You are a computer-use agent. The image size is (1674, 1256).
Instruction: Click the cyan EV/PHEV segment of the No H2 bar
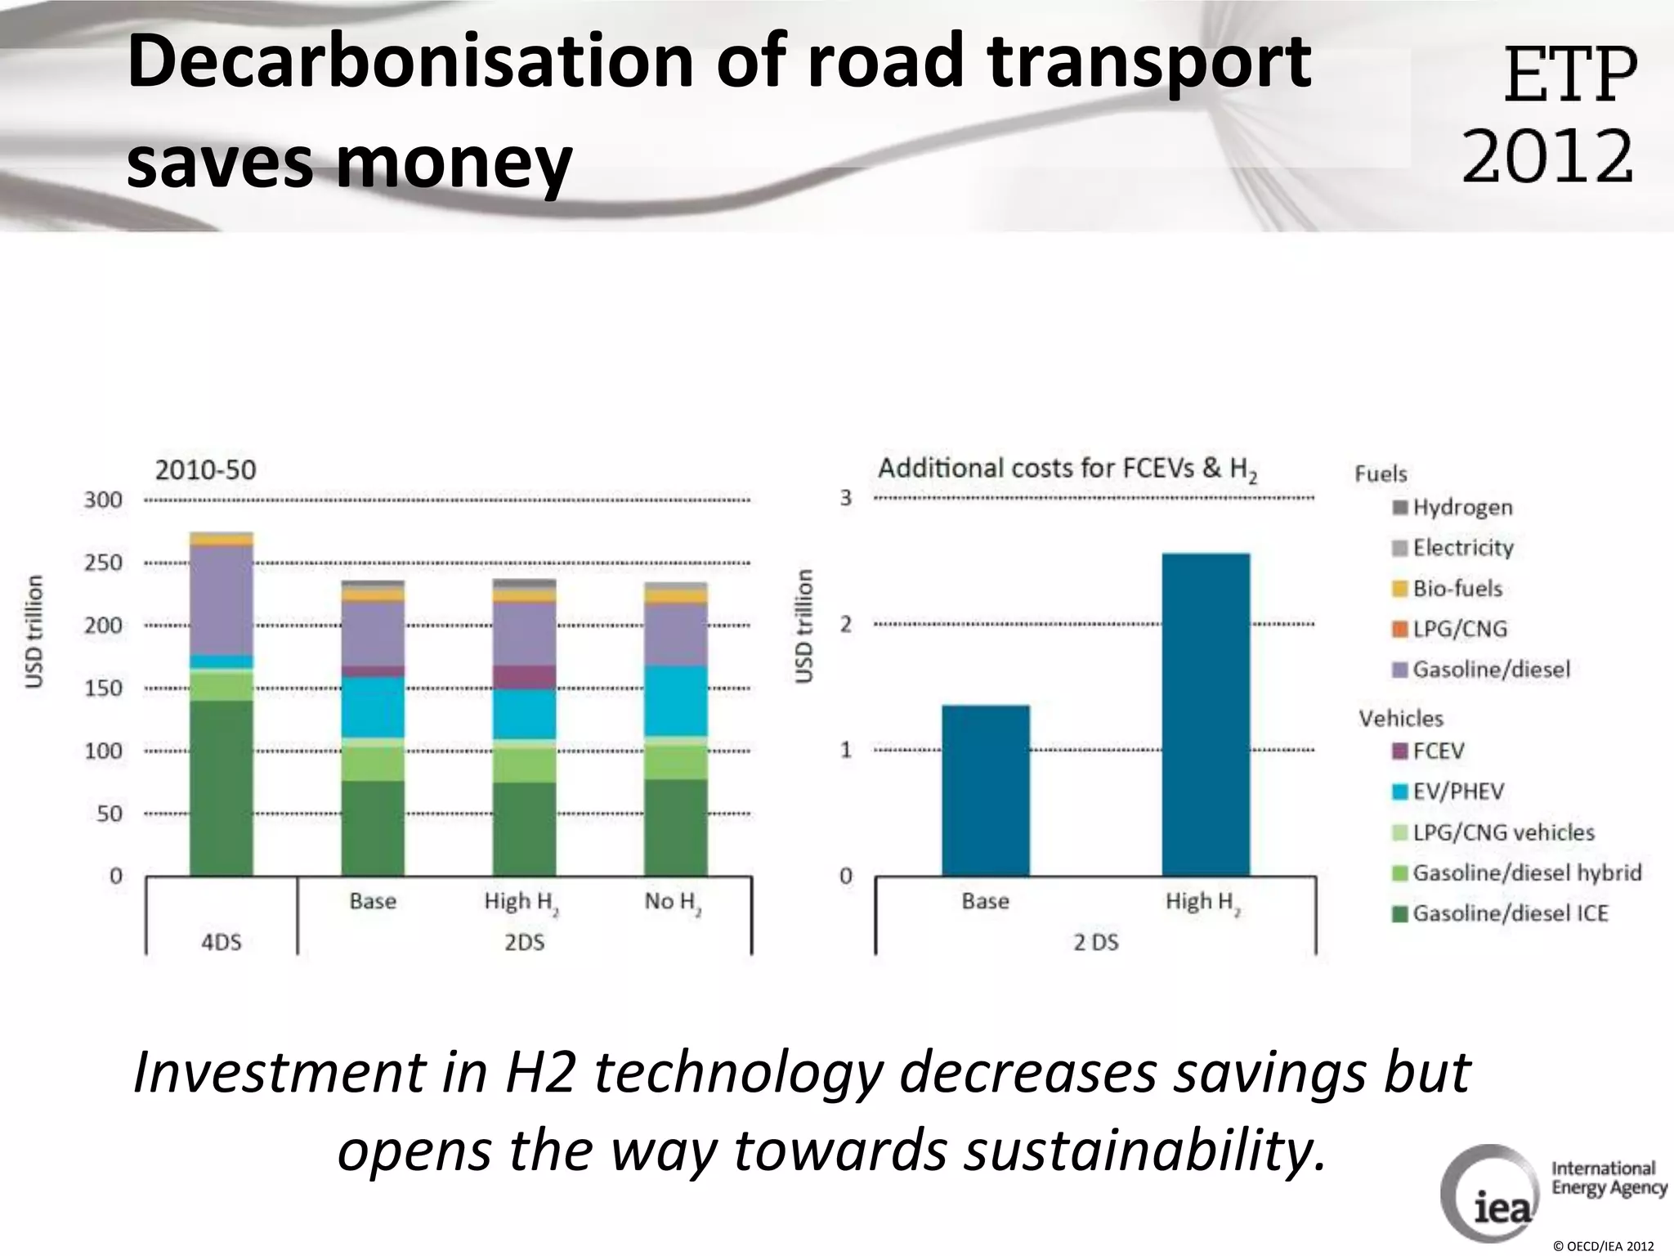point(675,701)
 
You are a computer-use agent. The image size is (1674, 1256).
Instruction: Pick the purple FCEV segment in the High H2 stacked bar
point(524,677)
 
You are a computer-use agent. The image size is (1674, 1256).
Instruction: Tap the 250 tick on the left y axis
point(103,563)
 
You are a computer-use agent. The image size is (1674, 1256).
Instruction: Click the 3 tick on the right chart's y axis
point(846,498)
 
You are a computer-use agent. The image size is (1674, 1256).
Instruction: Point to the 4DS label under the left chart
point(222,942)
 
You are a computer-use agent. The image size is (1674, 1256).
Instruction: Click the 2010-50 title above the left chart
point(205,470)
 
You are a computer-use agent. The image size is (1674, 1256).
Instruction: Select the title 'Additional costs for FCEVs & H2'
point(1067,469)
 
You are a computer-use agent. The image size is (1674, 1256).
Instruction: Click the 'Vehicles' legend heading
point(1400,719)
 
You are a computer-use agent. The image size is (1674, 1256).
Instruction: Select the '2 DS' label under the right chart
point(1095,943)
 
